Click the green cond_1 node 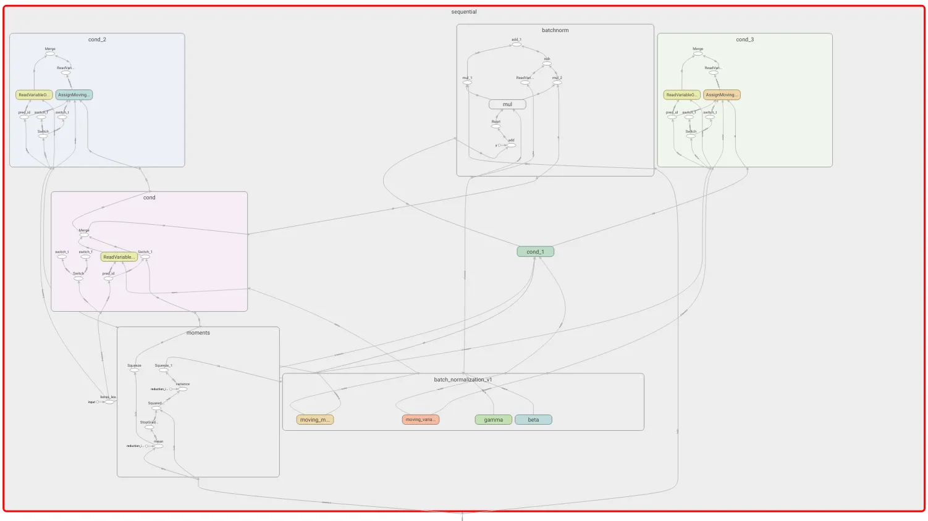(535, 252)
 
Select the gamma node (493, 420)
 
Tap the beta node (533, 420)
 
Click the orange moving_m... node (315, 420)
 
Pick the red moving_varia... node (421, 420)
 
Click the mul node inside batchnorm (507, 104)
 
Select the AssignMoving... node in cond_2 (74, 95)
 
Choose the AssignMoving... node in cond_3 (722, 95)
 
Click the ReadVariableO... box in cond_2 (34, 95)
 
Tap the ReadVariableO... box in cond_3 (682, 95)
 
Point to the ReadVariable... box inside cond (119, 257)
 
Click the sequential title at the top (464, 12)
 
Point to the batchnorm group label (555, 30)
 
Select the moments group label (198, 333)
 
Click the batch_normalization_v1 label (463, 380)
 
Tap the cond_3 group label (745, 40)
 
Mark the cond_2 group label (97, 40)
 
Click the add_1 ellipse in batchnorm (517, 44)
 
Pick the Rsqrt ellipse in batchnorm (496, 127)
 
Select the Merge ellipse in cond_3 (698, 54)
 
